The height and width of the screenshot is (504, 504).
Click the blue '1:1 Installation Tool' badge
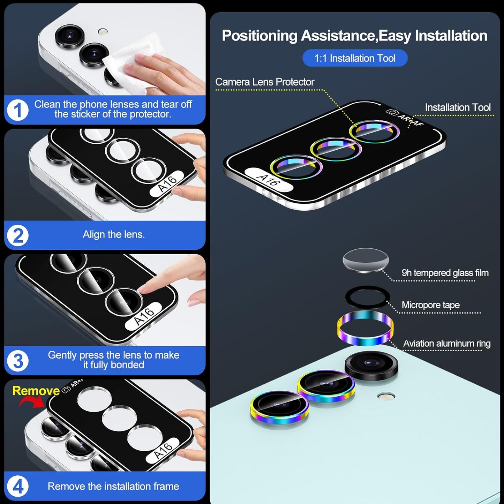pos(355,58)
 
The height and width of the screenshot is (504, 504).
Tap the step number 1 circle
pos(17,110)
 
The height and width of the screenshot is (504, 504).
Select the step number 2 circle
pos(17,235)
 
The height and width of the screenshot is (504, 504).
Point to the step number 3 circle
pos(17,361)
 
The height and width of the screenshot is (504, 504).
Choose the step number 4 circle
pos(17,486)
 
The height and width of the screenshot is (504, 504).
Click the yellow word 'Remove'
pos(36,391)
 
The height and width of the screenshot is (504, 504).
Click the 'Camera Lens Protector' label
pos(264,82)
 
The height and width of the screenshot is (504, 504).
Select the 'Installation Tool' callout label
pos(458,107)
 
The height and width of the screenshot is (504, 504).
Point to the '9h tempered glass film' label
pos(445,273)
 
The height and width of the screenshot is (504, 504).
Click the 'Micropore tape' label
pos(430,305)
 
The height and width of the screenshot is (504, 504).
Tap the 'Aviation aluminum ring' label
pos(446,344)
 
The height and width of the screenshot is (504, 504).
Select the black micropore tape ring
pos(367,297)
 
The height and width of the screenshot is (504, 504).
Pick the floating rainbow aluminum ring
pos(365,328)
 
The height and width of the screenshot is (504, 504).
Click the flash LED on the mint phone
pos(386,396)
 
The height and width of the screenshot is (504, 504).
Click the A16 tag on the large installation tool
pos(268,179)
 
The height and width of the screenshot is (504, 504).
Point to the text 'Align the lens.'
pos(113,234)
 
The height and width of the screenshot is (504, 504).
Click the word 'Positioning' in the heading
pos(259,36)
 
